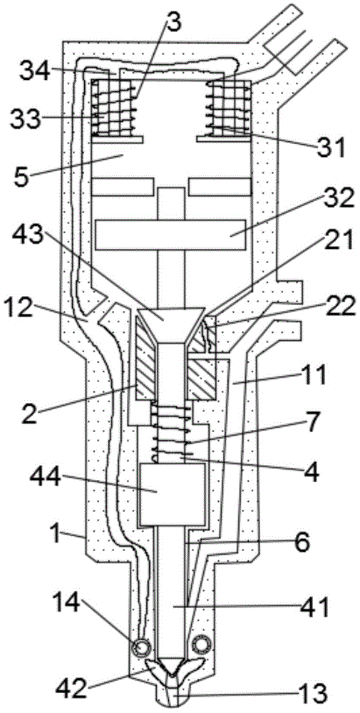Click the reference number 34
[x=34, y=72]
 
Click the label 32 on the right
[x=336, y=198]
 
